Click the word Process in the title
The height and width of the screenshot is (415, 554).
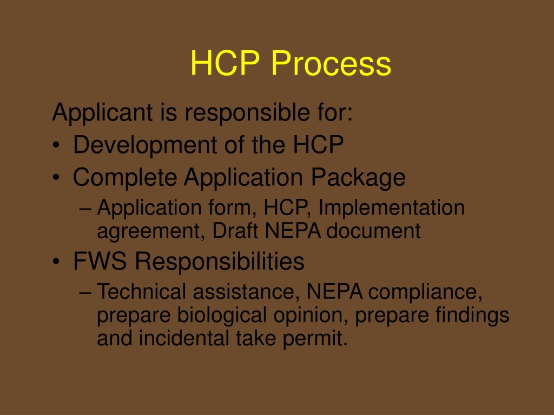[331, 64]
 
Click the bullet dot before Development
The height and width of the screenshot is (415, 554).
[57, 145]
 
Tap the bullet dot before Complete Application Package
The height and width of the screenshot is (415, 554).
[57, 178]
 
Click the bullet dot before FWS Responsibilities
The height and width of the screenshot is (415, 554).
[57, 263]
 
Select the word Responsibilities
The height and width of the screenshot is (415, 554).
[220, 262]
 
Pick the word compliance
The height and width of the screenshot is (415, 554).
[425, 292]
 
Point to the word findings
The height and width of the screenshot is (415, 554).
[472, 316]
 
